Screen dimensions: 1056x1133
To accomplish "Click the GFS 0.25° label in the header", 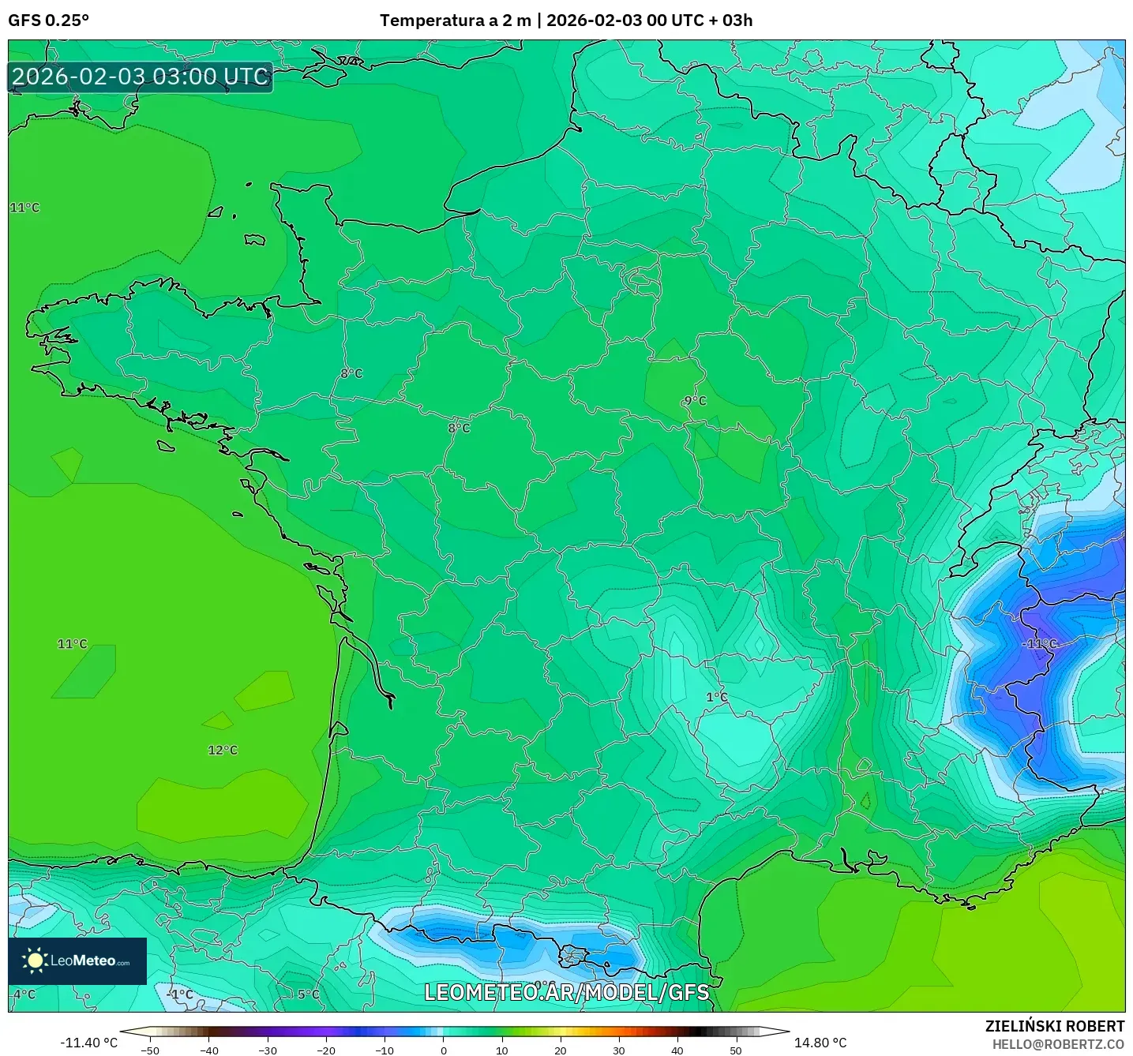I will click(x=48, y=21).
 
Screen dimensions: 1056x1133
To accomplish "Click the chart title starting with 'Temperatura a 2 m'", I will click(x=565, y=21).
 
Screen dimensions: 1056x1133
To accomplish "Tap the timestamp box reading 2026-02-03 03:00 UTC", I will click(x=141, y=77).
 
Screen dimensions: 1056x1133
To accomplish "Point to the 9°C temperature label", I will click(x=695, y=401).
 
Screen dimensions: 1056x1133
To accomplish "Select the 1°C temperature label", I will click(x=716, y=697).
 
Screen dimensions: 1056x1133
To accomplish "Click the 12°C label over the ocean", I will click(x=223, y=750).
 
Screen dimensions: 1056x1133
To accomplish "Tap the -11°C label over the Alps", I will click(x=1039, y=644).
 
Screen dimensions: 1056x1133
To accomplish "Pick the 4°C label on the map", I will click(x=24, y=994).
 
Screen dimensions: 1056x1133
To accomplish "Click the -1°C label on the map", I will click(x=181, y=994).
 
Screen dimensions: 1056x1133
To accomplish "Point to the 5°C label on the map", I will click(x=309, y=994).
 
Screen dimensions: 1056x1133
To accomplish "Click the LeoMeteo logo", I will click(x=77, y=961).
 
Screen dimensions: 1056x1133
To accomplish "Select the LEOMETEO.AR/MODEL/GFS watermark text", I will click(x=566, y=992).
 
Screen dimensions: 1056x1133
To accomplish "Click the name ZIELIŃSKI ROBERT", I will click(x=1054, y=1026).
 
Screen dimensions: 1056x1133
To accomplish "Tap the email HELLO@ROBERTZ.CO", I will click(x=1058, y=1044).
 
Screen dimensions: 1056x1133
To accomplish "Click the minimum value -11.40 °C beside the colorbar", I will click(x=88, y=1043).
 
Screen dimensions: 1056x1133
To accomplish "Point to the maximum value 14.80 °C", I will click(x=820, y=1043).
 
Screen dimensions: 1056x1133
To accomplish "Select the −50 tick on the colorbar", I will click(x=149, y=1050).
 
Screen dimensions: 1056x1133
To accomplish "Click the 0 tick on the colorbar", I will click(x=444, y=1050).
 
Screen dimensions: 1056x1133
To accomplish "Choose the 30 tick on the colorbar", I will click(x=619, y=1050).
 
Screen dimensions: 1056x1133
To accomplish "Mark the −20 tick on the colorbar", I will click(x=325, y=1050).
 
